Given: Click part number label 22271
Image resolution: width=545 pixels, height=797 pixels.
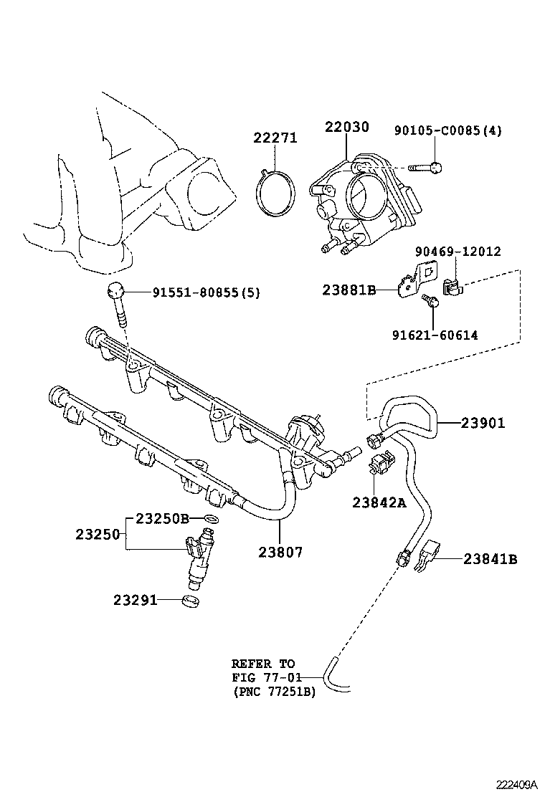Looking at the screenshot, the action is point(275,138).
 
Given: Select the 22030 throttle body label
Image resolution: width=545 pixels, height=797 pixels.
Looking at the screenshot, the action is point(347,127).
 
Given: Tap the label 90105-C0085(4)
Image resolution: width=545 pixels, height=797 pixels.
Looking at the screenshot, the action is point(448,130).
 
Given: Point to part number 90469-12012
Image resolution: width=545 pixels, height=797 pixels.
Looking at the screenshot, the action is point(458,251).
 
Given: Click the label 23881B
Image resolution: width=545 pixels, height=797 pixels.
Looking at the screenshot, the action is point(349,290).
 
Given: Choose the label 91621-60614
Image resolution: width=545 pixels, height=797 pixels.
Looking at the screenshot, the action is point(435,335).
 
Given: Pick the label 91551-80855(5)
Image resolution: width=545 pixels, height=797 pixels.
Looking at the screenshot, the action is point(207,292).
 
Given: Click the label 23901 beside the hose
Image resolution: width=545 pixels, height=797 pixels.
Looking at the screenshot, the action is point(483,423).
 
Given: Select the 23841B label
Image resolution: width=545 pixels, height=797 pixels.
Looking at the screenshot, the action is point(490,559).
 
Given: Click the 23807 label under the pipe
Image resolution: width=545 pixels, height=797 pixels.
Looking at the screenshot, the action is point(280,552).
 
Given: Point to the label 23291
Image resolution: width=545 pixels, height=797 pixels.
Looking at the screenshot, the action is point(135,601).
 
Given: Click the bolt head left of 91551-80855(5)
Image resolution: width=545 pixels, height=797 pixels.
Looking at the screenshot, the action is point(115,290).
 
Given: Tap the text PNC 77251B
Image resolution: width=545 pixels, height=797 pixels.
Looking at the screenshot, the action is point(275,692).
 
